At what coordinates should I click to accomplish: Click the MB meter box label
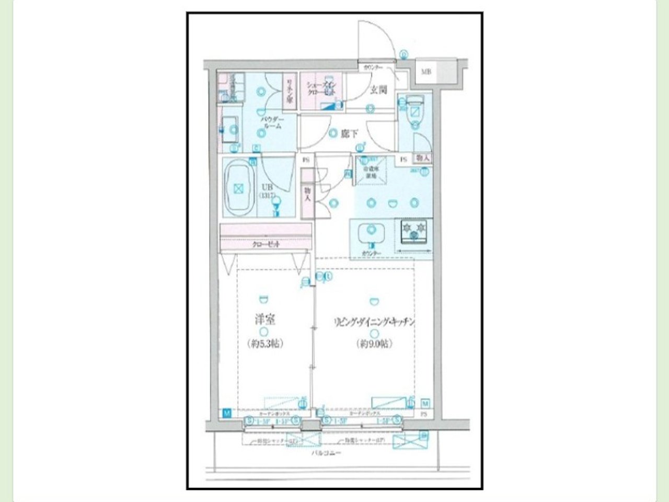click(426, 72)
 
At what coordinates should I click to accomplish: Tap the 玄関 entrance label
click(379, 90)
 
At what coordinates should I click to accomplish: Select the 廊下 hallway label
click(349, 133)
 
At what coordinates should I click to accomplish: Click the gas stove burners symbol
click(414, 231)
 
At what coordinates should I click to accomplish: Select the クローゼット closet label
click(266, 244)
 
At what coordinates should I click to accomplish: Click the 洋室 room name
click(264, 320)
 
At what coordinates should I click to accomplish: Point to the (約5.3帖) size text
click(264, 344)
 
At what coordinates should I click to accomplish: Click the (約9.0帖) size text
click(374, 344)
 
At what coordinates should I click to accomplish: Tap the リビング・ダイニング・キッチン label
click(374, 322)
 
